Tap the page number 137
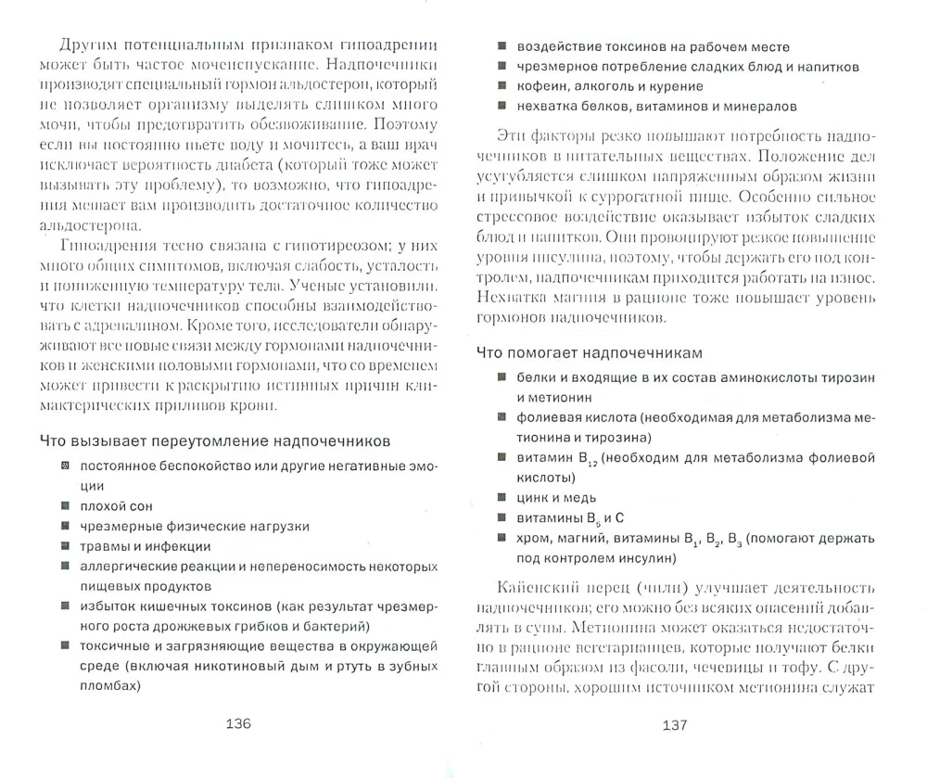[673, 724]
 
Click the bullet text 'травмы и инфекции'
[145, 546]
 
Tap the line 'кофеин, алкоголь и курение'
[603, 86]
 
